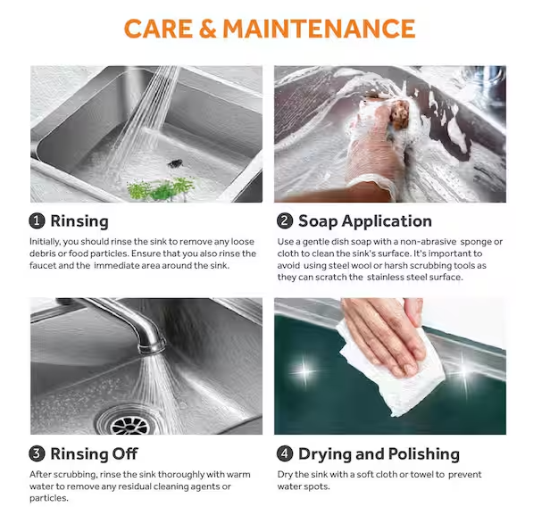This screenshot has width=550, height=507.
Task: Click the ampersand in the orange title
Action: coord(207,29)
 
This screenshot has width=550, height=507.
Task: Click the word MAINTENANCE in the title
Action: coord(319,29)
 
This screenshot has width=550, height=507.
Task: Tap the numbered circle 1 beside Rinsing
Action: coord(37,221)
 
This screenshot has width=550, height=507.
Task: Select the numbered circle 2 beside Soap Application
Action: coord(285,221)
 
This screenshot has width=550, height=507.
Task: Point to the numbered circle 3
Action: coord(37,453)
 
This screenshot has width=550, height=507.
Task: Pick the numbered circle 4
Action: coord(285,453)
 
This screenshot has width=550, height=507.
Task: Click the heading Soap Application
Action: coord(365,221)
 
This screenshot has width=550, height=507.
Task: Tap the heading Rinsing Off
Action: coord(94,453)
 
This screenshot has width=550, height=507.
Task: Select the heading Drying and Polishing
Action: coord(379,454)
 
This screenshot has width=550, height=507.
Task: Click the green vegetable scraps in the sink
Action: coord(161,188)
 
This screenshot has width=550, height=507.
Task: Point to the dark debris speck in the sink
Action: coord(175,163)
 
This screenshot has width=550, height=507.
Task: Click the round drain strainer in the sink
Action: coord(129,422)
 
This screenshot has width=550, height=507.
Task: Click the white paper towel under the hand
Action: coord(389,371)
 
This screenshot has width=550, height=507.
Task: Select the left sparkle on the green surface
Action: coord(304,371)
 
